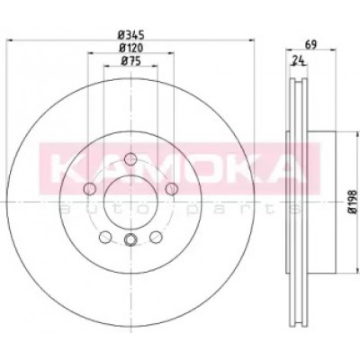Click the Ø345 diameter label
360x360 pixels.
point(131,35)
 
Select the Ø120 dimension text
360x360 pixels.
point(131,48)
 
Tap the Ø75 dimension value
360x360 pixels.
point(130,61)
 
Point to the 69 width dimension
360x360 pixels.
point(310,45)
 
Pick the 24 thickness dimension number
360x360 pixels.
point(298,61)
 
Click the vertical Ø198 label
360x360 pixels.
point(353,202)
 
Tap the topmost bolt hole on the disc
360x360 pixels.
point(130,158)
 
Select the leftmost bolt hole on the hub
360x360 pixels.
point(89,189)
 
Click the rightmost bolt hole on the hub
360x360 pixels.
point(172,189)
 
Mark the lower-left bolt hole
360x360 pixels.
point(105,238)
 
